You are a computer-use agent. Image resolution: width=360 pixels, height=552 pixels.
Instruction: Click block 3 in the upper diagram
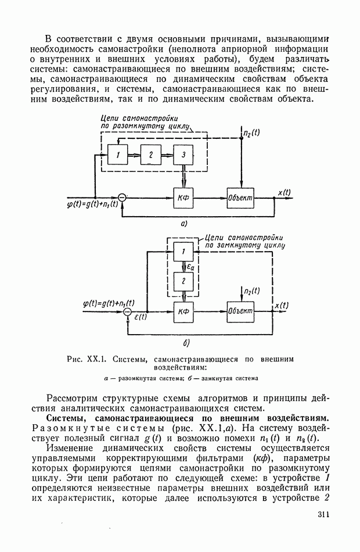(183, 155)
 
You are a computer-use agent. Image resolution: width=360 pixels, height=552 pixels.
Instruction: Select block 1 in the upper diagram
(117, 155)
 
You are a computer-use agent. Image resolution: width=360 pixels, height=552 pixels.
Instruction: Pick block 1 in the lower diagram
(183, 252)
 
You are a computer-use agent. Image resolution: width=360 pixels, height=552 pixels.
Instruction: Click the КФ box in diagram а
(183, 198)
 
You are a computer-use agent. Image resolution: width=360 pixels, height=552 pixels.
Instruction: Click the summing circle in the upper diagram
(122, 198)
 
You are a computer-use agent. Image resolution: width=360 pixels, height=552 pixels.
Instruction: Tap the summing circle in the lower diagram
(128, 312)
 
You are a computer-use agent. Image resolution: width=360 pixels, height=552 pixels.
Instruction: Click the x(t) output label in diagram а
(285, 193)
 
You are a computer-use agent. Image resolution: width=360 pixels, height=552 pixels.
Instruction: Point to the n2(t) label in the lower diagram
(251, 291)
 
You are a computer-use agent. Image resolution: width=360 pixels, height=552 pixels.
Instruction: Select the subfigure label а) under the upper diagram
(183, 223)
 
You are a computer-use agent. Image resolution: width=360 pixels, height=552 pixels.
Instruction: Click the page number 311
(323, 514)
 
